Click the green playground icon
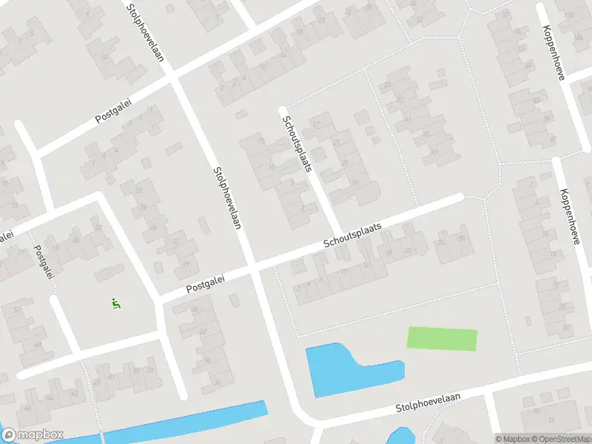[x=115, y=302]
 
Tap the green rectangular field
[x=442, y=339]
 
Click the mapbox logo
[x=33, y=435]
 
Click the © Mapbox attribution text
[x=511, y=438]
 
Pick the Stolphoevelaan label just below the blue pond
[x=428, y=403]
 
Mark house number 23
[x=141, y=191]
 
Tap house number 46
[x=27, y=407]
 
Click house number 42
[x=74, y=394]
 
